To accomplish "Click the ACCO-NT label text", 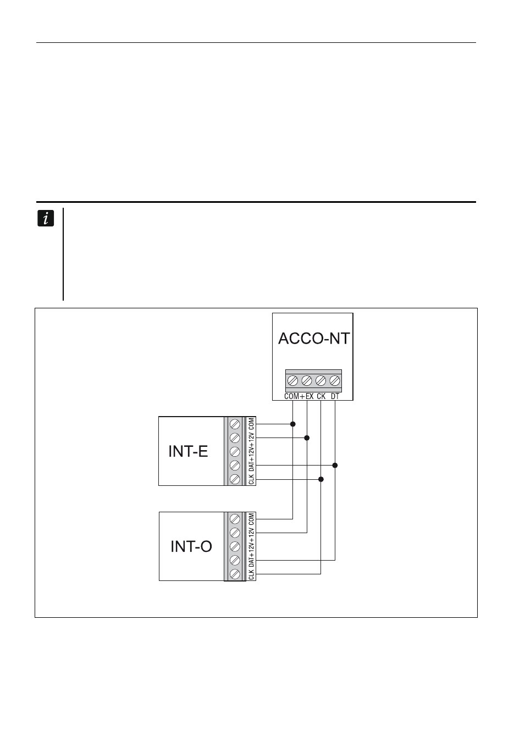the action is pyautogui.click(x=314, y=339).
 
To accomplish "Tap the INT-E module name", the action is pyautogui.click(x=188, y=451).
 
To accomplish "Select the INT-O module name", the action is pyautogui.click(x=191, y=546).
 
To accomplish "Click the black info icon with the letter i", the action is pyautogui.click(x=46, y=218).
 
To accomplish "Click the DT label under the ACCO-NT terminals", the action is pyautogui.click(x=335, y=396).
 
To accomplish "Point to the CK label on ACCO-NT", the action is pyautogui.click(x=321, y=396).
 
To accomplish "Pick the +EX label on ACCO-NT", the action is pyautogui.click(x=307, y=396).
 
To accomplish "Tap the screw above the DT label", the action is pyautogui.click(x=335, y=380).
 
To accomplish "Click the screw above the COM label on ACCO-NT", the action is pyautogui.click(x=293, y=380).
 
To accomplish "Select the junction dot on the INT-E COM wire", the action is pyautogui.click(x=293, y=424).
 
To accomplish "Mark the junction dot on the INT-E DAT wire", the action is pyautogui.click(x=335, y=466).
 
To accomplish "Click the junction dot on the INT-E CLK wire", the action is pyautogui.click(x=321, y=479).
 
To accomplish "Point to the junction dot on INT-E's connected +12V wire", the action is pyautogui.click(x=307, y=438).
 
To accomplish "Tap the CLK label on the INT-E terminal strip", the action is pyautogui.click(x=251, y=479).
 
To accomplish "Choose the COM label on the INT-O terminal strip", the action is pyautogui.click(x=251, y=519).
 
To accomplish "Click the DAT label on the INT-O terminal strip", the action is pyautogui.click(x=251, y=561).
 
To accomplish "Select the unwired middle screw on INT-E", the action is pyautogui.click(x=235, y=451).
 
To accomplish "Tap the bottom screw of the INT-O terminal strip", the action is pyautogui.click(x=235, y=574).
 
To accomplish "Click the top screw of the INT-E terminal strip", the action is pyautogui.click(x=235, y=424).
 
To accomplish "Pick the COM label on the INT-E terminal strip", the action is pyautogui.click(x=251, y=424).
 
